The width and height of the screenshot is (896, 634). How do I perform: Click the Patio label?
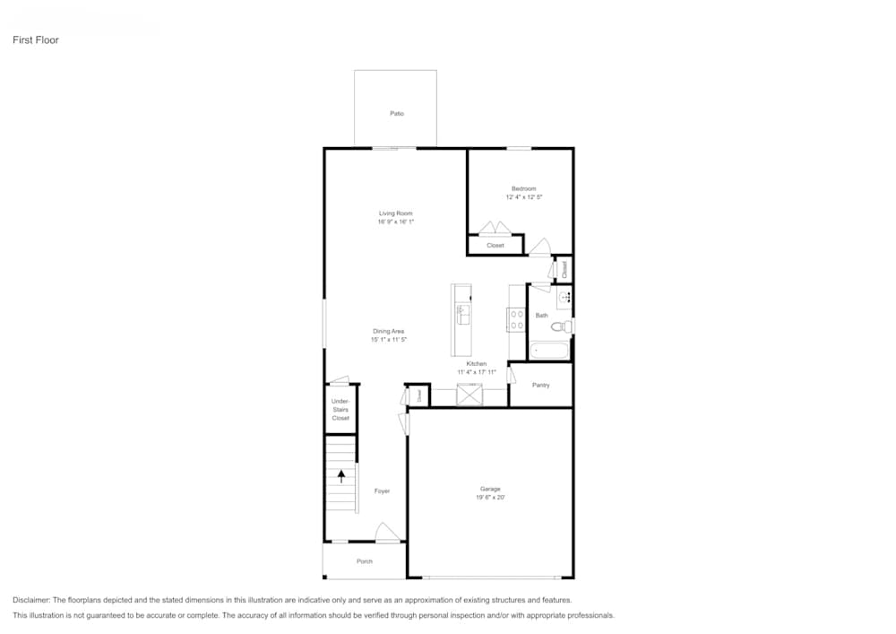tap(396, 114)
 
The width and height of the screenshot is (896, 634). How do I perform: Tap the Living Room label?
tap(395, 213)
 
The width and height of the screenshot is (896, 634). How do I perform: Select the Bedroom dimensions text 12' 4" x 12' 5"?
tap(523, 197)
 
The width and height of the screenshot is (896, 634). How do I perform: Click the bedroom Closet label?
tap(495, 245)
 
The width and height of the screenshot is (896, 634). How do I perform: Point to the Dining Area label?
tap(389, 332)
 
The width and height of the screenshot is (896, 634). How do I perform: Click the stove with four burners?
tap(517, 319)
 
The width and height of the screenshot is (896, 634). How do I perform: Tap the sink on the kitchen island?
tap(463, 314)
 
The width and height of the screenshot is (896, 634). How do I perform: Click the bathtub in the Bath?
tap(548, 351)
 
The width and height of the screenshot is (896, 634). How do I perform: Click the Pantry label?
tap(540, 386)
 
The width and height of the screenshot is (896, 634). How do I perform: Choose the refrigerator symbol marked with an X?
tap(470, 395)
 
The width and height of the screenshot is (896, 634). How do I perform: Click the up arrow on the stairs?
tap(340, 476)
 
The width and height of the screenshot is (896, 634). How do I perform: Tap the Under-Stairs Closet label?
tap(340, 410)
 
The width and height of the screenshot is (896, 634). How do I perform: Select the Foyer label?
tap(382, 491)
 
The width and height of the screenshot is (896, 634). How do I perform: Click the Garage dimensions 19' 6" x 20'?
tap(490, 498)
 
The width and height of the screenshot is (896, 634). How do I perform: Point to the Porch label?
tap(364, 561)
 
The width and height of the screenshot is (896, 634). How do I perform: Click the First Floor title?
tap(36, 40)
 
